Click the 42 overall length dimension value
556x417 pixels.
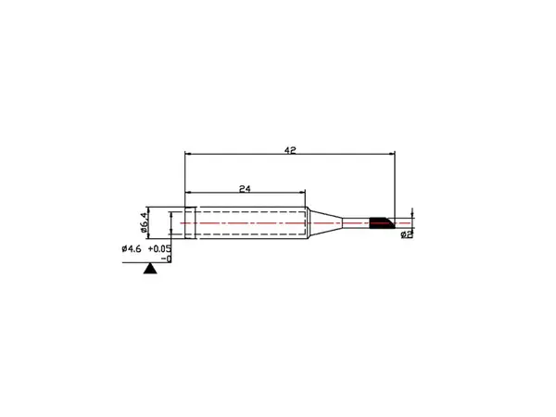tap(290, 150)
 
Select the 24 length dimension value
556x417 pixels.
tap(245, 189)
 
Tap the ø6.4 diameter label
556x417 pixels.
tap(144, 222)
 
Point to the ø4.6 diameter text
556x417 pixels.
tap(132, 249)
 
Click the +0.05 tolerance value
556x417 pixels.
tap(159, 249)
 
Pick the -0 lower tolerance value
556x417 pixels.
tap(166, 259)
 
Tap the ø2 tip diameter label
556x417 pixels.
tap(407, 234)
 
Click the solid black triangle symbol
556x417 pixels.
tap(150, 269)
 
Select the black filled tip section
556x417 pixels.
tap(382, 223)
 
